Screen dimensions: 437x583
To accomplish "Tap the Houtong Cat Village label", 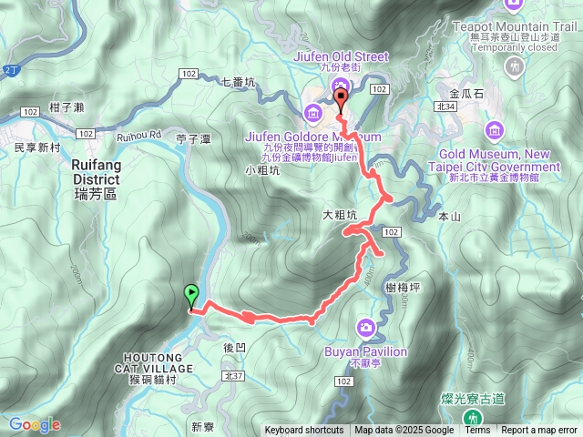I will pyautogui.click(x=155, y=362).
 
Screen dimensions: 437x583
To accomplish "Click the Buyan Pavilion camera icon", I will pyautogui.click(x=365, y=327).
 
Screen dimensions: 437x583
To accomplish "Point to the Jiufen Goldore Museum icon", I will pyautogui.click(x=313, y=114).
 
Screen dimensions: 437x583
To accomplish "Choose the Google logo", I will pyautogui.click(x=35, y=424).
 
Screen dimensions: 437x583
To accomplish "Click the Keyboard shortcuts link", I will pyautogui.click(x=304, y=431).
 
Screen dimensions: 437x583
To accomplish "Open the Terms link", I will pyautogui.click(x=477, y=431).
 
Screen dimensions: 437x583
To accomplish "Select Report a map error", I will pyautogui.click(x=539, y=431).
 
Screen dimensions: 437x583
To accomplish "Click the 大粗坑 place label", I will pyautogui.click(x=339, y=216).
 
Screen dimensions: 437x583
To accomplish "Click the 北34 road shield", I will pyautogui.click(x=445, y=107).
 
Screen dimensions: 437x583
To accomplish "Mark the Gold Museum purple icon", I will pyautogui.click(x=495, y=129).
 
